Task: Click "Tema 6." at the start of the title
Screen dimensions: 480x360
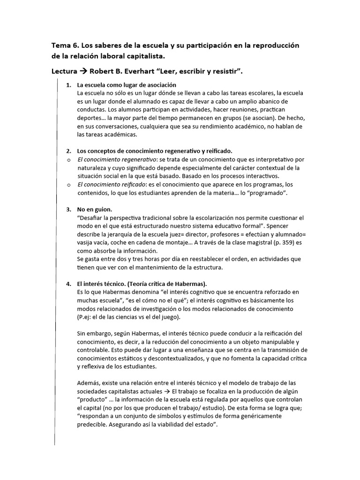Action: [x=65, y=45]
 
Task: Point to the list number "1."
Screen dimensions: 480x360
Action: [x=68, y=85]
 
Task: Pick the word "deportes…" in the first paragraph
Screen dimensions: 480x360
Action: [x=92, y=118]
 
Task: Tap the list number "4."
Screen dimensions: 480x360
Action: [x=68, y=284]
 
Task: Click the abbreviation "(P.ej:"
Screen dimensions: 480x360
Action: [x=86, y=317]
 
